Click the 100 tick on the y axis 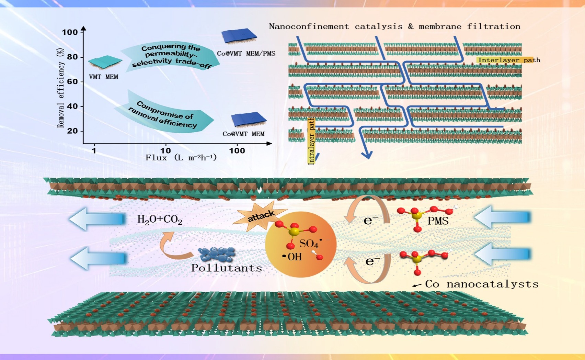tap(70, 32)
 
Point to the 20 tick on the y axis tap(72, 131)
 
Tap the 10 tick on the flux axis tap(165, 150)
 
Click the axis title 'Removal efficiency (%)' tap(60, 88)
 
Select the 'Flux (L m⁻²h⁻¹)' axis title tap(181, 158)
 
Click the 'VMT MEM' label tap(103, 77)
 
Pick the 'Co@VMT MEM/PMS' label tap(246, 54)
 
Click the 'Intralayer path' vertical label tap(311, 141)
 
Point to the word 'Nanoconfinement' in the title tap(309, 26)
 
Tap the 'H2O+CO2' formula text tap(160, 220)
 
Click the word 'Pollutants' tap(227, 268)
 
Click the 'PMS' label tap(438, 221)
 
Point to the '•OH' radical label tap(292, 257)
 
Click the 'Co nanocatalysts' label tap(481, 284)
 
